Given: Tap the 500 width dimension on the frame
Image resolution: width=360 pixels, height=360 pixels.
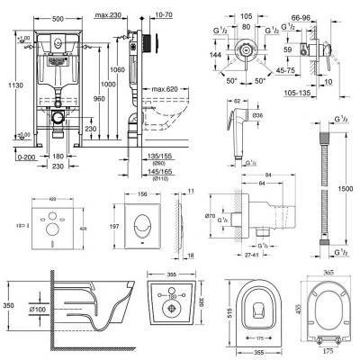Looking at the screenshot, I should [56, 6].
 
